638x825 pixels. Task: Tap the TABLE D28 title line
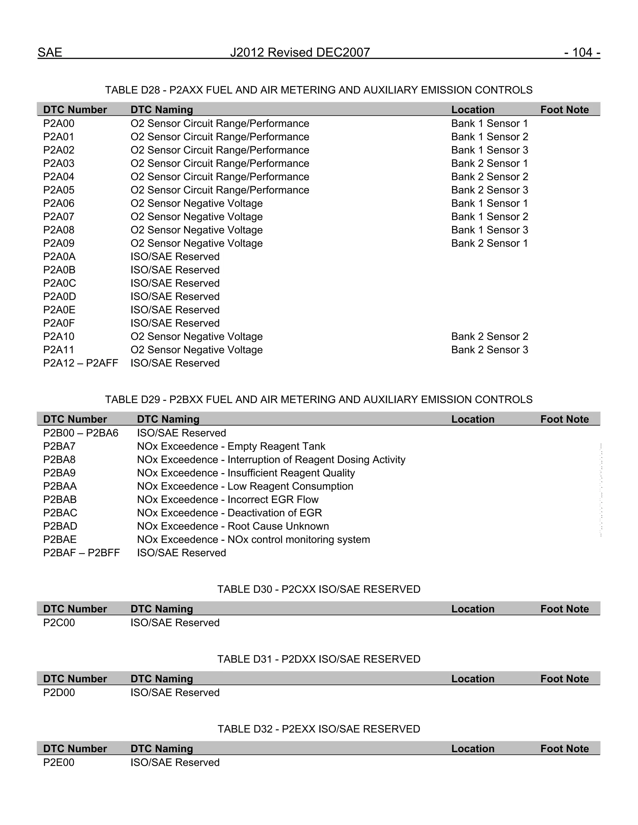[x=319, y=90]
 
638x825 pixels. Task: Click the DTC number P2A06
[x=59, y=203]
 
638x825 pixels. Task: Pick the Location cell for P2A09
[x=489, y=243]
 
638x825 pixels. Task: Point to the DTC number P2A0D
[x=59, y=296]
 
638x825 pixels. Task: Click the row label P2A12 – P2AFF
[x=80, y=363]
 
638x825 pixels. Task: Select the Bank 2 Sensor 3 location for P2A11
[x=489, y=350]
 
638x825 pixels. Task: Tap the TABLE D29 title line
[x=319, y=399]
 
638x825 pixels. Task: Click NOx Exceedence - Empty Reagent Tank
[x=231, y=446]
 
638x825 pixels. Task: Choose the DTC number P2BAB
[x=60, y=500]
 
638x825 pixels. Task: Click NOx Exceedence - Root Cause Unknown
[x=233, y=526]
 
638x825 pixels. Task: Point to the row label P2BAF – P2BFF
[x=81, y=553]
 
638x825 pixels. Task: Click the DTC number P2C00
[x=59, y=623]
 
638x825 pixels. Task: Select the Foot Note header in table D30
[x=564, y=609]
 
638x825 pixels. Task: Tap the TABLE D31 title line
[x=319, y=659]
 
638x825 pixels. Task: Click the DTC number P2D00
[x=59, y=692]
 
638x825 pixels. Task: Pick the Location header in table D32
[x=473, y=749]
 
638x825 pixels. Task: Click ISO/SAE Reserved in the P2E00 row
[x=175, y=762]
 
